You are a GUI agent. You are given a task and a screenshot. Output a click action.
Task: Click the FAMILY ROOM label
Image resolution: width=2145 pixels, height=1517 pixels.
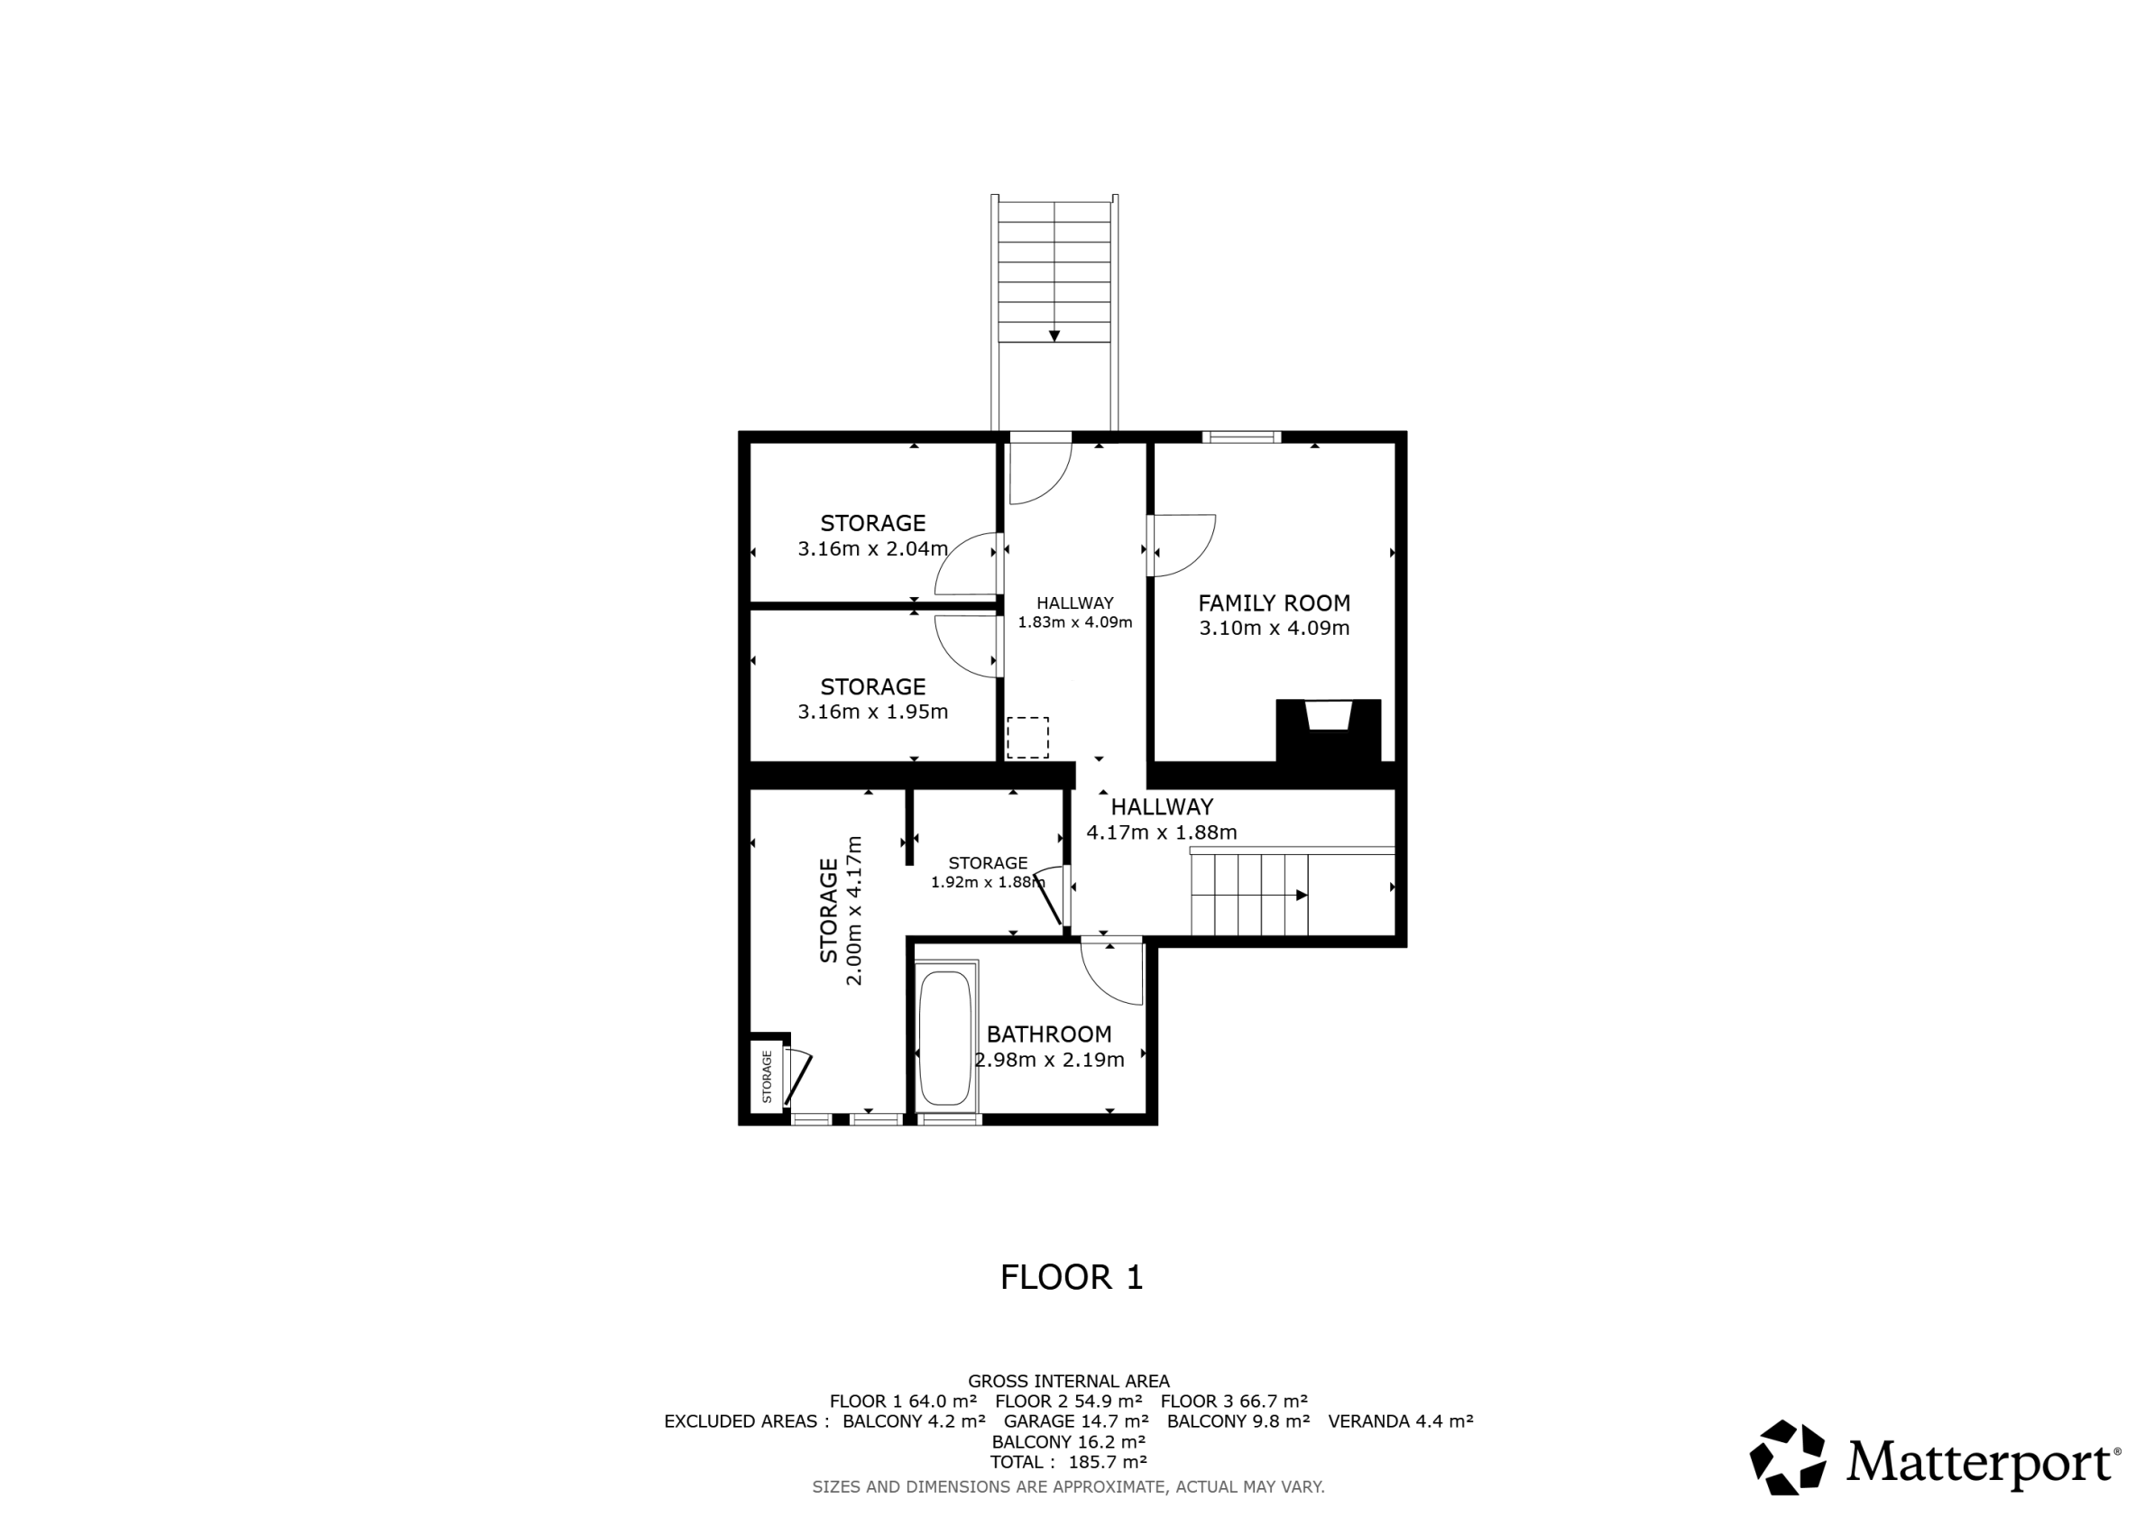coord(1275,603)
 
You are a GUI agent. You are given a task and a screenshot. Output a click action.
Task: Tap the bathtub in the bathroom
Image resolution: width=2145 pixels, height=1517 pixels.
coord(945,1038)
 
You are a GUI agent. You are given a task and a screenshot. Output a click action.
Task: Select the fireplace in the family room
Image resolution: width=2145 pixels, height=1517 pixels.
coord(1329,731)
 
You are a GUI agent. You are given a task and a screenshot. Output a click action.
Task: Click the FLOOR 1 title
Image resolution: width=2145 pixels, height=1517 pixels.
coord(1072,1277)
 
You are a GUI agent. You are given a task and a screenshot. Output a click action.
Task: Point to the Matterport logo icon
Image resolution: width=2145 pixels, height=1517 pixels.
coord(1788,1458)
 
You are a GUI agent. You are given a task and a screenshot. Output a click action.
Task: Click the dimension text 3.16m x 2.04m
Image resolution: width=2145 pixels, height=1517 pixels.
coord(872,549)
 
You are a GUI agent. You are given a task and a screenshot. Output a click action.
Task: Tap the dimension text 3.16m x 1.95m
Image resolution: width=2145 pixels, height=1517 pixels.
coord(872,712)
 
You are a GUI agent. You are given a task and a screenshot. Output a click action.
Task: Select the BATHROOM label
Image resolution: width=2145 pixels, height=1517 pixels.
coord(1049,1034)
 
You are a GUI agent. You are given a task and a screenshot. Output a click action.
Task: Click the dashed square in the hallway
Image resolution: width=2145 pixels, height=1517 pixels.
coord(1027,737)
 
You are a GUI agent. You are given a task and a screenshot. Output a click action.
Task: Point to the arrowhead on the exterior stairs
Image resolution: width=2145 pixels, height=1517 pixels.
coord(1054,336)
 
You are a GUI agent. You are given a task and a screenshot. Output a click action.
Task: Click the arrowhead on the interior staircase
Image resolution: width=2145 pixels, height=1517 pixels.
coord(1302,895)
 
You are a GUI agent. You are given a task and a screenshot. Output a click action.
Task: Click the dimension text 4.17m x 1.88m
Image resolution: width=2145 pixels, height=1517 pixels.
coord(1161,832)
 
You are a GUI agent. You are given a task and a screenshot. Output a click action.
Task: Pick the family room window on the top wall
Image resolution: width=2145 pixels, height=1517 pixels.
coord(1240,437)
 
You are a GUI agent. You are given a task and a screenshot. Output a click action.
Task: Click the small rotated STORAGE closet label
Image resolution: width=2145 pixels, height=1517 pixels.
coord(767,1077)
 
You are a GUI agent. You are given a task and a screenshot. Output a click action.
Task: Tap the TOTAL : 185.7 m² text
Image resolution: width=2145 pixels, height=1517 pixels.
coord(1069,1462)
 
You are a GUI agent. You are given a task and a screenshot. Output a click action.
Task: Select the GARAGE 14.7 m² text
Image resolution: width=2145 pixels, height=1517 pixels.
coord(1076,1420)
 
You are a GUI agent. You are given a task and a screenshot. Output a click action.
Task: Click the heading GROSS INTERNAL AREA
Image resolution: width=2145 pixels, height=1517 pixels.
coord(1069,1381)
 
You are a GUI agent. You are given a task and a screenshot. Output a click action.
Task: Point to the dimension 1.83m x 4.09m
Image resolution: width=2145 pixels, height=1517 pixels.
coord(1075,622)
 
